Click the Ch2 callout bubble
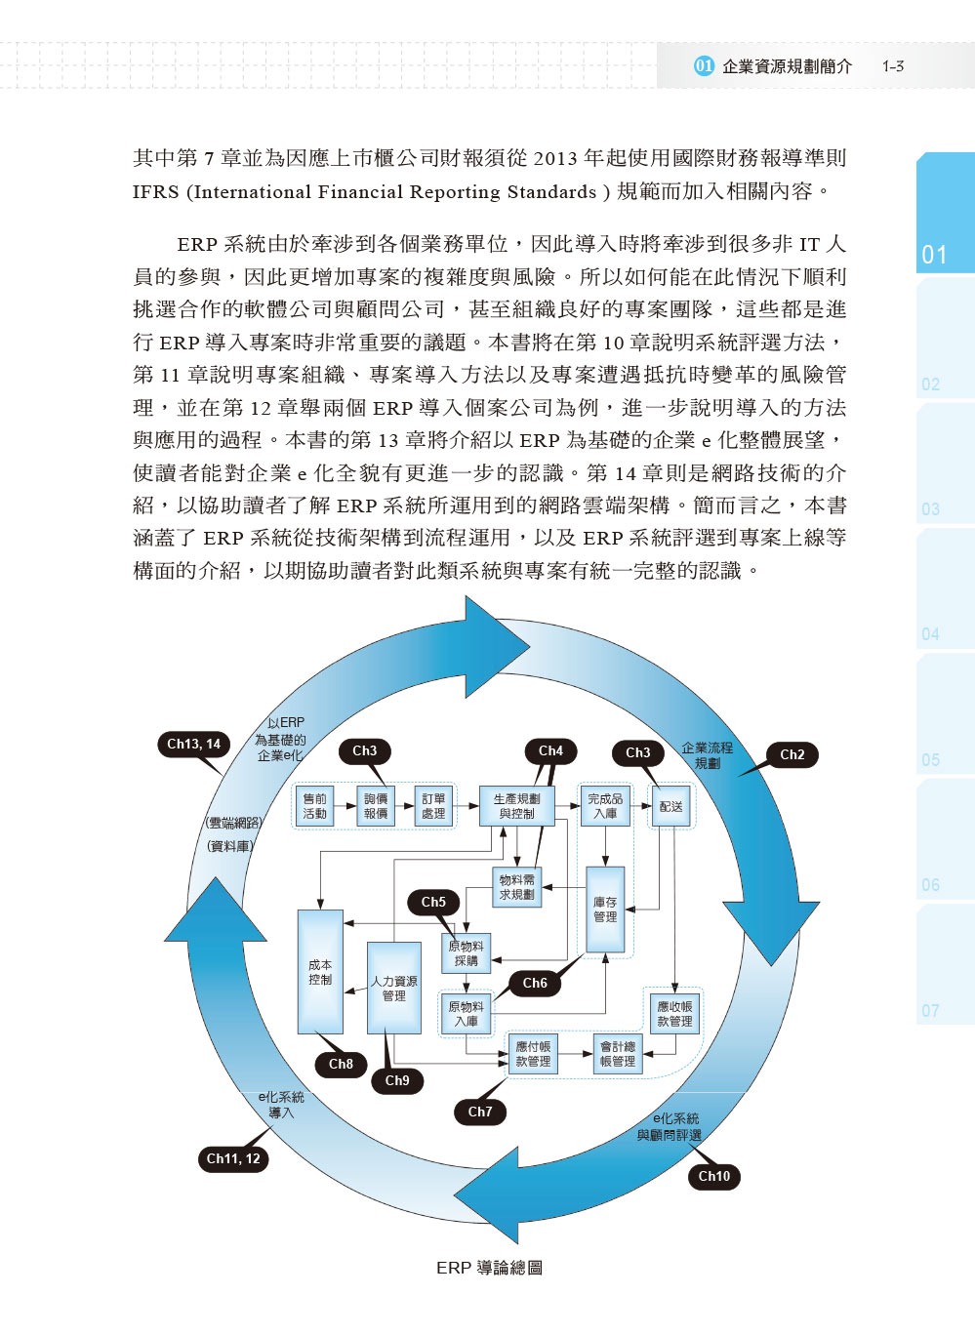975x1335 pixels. (792, 754)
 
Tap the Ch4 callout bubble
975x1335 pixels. (550, 750)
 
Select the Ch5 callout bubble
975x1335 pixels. (433, 903)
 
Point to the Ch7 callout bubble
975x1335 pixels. (480, 1112)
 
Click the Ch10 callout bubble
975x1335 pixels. (713, 1176)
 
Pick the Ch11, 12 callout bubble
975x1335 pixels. (233, 1158)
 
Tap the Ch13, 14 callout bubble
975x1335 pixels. (193, 744)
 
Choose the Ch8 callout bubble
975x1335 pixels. (341, 1064)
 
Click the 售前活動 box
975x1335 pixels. (314, 806)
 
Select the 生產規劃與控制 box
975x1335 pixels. (516, 806)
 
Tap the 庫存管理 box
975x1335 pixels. (605, 910)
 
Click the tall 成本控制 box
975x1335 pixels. (320, 972)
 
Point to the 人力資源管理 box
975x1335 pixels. (393, 988)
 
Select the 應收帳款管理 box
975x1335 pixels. (674, 1014)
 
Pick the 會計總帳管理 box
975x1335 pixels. (618, 1054)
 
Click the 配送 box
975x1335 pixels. (671, 807)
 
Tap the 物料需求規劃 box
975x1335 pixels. (516, 887)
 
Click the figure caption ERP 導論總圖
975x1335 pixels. (489, 1268)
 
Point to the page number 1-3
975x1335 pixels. (893, 66)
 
